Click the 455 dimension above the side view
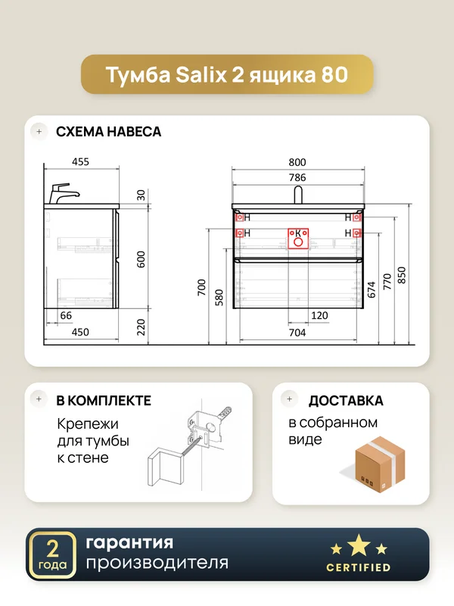[80, 161]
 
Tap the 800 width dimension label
[297, 162]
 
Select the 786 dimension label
[297, 177]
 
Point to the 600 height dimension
[141, 259]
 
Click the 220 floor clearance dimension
[141, 327]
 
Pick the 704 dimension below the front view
[297, 333]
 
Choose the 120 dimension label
[319, 315]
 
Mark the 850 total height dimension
[402, 276]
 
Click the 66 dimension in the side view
[66, 315]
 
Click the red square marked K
[298, 239]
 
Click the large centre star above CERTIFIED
[359, 545]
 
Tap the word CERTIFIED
[358, 567]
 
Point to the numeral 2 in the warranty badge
[52, 548]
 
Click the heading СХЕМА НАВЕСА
[108, 132]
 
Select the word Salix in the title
[201, 74]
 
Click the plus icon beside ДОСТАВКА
[290, 399]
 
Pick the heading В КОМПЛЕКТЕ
[104, 401]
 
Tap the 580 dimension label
[219, 298]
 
